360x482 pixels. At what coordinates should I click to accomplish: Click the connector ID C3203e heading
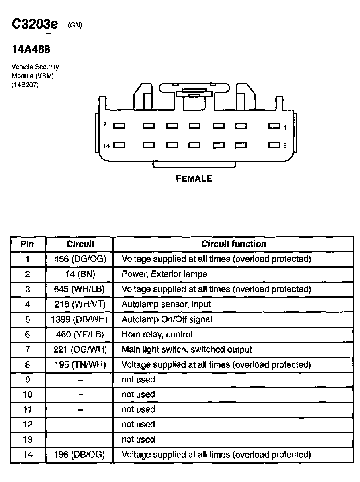pos(35,24)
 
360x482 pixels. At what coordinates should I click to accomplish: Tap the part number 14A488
pos(31,50)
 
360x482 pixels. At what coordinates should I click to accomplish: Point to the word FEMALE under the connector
pos(194,179)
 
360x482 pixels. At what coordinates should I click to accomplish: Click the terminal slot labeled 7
pos(119,126)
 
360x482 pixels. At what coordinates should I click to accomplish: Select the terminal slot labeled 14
pos(119,145)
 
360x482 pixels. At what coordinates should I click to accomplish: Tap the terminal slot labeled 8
pos(274,145)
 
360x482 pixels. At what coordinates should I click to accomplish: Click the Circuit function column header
pos(233,244)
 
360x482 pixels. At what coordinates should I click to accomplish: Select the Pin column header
pos(27,244)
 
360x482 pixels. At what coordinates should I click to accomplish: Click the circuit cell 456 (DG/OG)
pos(80,259)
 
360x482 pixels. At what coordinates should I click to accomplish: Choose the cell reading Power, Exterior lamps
pos(164,274)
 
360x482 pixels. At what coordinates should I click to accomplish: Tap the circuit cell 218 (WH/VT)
pos(80,304)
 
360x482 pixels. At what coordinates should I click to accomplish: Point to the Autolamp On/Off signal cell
pos(167,319)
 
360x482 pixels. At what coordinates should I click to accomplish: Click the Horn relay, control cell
pos(157,334)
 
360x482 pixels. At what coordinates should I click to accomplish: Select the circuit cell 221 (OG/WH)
pos(80,349)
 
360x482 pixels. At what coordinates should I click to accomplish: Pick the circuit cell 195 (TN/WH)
pos(80,364)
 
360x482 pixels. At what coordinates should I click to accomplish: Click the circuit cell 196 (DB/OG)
pos(80,455)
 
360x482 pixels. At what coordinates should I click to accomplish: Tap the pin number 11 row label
pos(27,409)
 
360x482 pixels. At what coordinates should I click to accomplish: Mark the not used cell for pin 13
pos(138,439)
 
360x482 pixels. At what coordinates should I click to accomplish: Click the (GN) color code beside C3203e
pos(75,25)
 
